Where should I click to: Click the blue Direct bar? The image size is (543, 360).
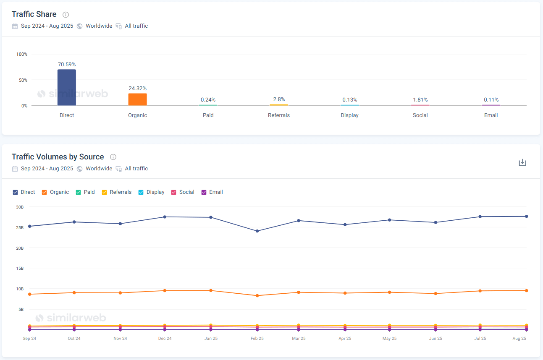click(x=67, y=87)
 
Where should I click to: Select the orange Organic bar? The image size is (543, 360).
click(x=137, y=99)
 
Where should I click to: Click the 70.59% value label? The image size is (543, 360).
click(x=67, y=65)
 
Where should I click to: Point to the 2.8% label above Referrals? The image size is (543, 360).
click(x=279, y=99)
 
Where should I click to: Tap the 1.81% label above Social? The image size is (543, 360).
click(x=420, y=100)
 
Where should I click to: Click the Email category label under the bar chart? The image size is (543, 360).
click(x=491, y=115)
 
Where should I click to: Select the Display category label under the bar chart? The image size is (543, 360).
click(x=349, y=115)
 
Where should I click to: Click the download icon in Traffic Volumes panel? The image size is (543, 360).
click(x=522, y=163)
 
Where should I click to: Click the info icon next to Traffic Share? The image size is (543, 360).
click(x=66, y=15)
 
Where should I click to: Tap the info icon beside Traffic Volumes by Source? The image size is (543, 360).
click(x=113, y=157)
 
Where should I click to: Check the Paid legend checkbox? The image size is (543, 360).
click(x=79, y=192)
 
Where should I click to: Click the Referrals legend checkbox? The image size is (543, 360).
click(x=105, y=192)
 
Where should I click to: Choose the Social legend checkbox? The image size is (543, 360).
click(x=174, y=192)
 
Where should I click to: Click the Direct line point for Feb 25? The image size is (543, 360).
click(x=257, y=231)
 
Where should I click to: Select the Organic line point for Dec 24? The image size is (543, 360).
click(x=165, y=290)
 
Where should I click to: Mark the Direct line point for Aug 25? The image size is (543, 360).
click(x=526, y=217)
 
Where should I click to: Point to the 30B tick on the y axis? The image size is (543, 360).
click(x=20, y=207)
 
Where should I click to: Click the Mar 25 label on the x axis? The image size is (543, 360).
click(x=299, y=339)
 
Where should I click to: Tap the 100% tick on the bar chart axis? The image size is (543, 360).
click(x=22, y=54)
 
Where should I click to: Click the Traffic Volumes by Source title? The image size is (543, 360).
click(x=58, y=157)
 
